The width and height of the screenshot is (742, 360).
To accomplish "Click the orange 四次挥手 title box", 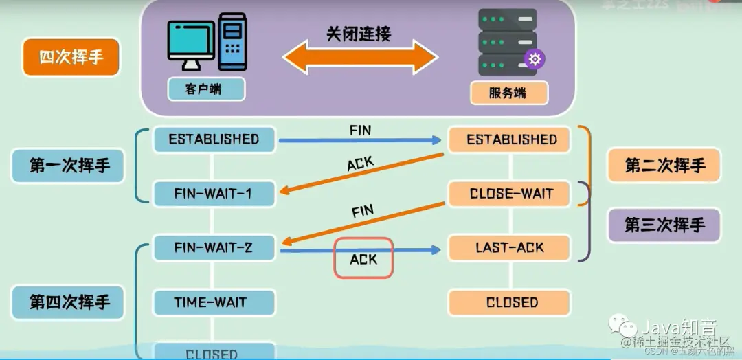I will [71, 57].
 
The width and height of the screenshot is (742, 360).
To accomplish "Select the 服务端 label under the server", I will [508, 93].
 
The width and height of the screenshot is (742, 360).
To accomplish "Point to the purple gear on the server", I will [535, 59].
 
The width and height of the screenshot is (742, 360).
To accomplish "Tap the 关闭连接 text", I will [358, 34].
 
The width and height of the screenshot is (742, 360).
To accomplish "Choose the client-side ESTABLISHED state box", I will [214, 139].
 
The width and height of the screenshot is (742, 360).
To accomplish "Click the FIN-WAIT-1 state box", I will [214, 194].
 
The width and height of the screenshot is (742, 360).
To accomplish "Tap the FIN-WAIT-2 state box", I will [214, 247].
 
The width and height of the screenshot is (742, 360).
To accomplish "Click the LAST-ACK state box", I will [509, 247].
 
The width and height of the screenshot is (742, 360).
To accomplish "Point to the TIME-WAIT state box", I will [214, 302].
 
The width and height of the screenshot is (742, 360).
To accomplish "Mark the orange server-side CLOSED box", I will [509, 302].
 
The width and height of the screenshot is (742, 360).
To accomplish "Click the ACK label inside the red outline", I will [363, 258].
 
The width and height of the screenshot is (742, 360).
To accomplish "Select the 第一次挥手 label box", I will [69, 166].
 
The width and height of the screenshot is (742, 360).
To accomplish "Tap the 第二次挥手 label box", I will [664, 165].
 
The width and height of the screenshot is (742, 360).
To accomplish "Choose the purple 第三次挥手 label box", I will [664, 225].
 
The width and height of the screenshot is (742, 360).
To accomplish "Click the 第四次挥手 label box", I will [69, 302].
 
